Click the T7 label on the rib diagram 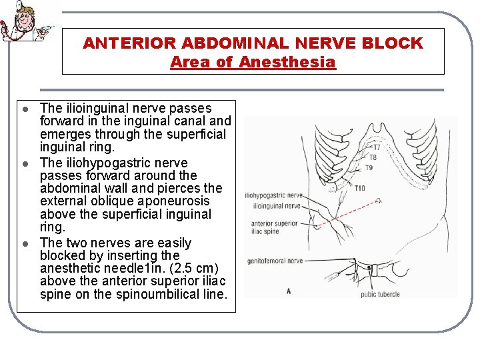[x=377, y=147]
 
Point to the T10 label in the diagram [x=360, y=188]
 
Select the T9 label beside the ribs [x=369, y=167]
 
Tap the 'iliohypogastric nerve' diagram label [x=273, y=196]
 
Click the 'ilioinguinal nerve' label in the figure [x=275, y=206]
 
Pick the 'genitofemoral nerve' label [x=275, y=261]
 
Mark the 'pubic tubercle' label [x=380, y=294]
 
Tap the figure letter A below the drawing [x=288, y=291]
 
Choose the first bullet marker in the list [x=24, y=109]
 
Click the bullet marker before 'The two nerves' [x=24, y=243]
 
